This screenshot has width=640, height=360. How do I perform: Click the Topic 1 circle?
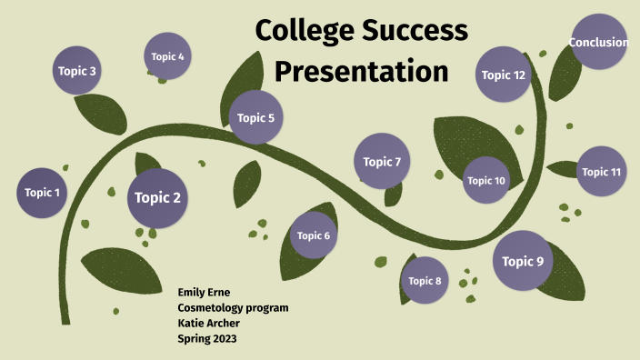42,193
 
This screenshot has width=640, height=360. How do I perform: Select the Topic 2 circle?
158,198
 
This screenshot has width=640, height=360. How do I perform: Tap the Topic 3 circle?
77,70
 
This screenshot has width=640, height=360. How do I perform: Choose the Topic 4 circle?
168,56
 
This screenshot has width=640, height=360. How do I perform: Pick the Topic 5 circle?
256,117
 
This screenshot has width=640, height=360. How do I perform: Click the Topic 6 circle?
314,236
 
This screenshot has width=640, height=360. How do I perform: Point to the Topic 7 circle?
382,162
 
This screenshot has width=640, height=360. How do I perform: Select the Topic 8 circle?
425,281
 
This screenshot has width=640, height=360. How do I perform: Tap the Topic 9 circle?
523,262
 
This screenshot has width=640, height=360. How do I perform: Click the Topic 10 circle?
486,181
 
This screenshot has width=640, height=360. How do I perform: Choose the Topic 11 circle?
602,172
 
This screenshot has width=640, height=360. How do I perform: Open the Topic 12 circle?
504,75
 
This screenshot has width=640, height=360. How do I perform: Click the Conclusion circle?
599,43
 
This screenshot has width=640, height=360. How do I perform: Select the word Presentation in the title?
362,70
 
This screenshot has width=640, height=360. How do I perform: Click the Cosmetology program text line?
233,308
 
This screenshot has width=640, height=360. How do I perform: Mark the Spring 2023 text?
207,339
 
